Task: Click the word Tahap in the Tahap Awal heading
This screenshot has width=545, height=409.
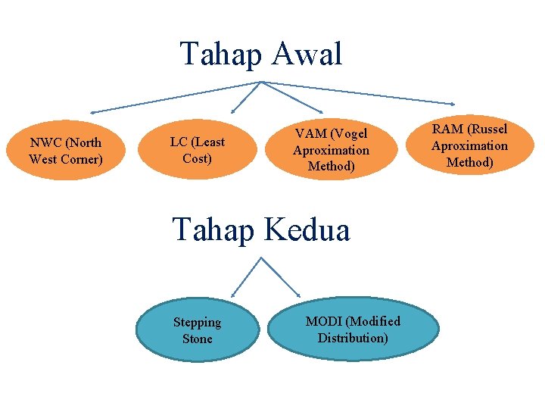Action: click(x=219, y=55)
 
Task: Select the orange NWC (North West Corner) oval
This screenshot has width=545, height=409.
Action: click(x=65, y=151)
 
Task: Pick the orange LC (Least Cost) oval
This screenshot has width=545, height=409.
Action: click(x=197, y=150)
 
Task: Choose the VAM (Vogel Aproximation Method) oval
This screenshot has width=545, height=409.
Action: click(x=331, y=150)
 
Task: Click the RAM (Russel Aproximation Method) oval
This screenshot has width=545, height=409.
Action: click(x=469, y=145)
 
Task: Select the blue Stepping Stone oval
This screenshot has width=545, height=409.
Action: click(x=197, y=330)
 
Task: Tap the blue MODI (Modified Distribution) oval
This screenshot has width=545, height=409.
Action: click(x=353, y=329)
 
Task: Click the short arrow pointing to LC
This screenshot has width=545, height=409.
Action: click(x=245, y=97)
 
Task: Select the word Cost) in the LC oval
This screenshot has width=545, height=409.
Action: click(x=197, y=158)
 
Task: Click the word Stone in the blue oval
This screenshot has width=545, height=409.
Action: click(x=197, y=339)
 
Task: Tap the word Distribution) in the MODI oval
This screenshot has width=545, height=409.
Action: click(x=353, y=338)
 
